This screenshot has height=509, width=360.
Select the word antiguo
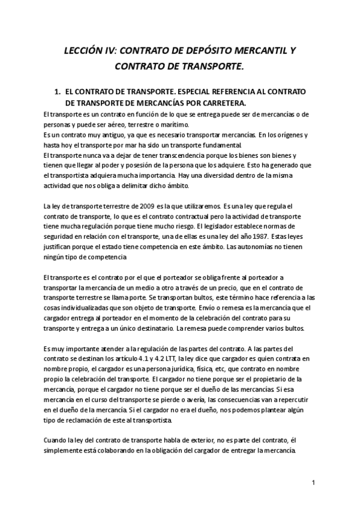95,134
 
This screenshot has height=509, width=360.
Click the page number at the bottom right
314,483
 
